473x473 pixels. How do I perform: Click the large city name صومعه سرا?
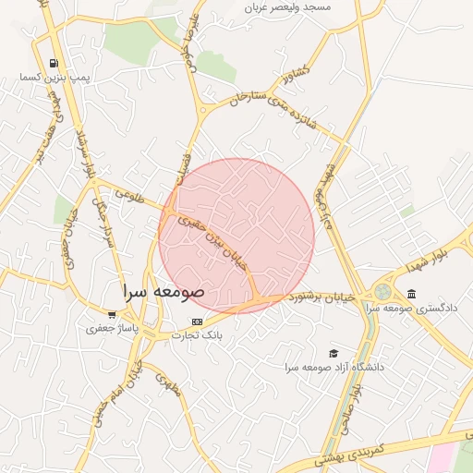(x=164, y=292)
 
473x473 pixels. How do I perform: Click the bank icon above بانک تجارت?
(x=195, y=321)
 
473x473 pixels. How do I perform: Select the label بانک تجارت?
(x=195, y=334)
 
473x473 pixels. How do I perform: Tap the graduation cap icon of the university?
(x=334, y=353)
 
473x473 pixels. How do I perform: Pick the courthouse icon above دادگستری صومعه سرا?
(x=410, y=295)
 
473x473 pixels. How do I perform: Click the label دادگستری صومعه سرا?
(x=410, y=308)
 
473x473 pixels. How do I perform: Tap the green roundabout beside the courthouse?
(x=382, y=292)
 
